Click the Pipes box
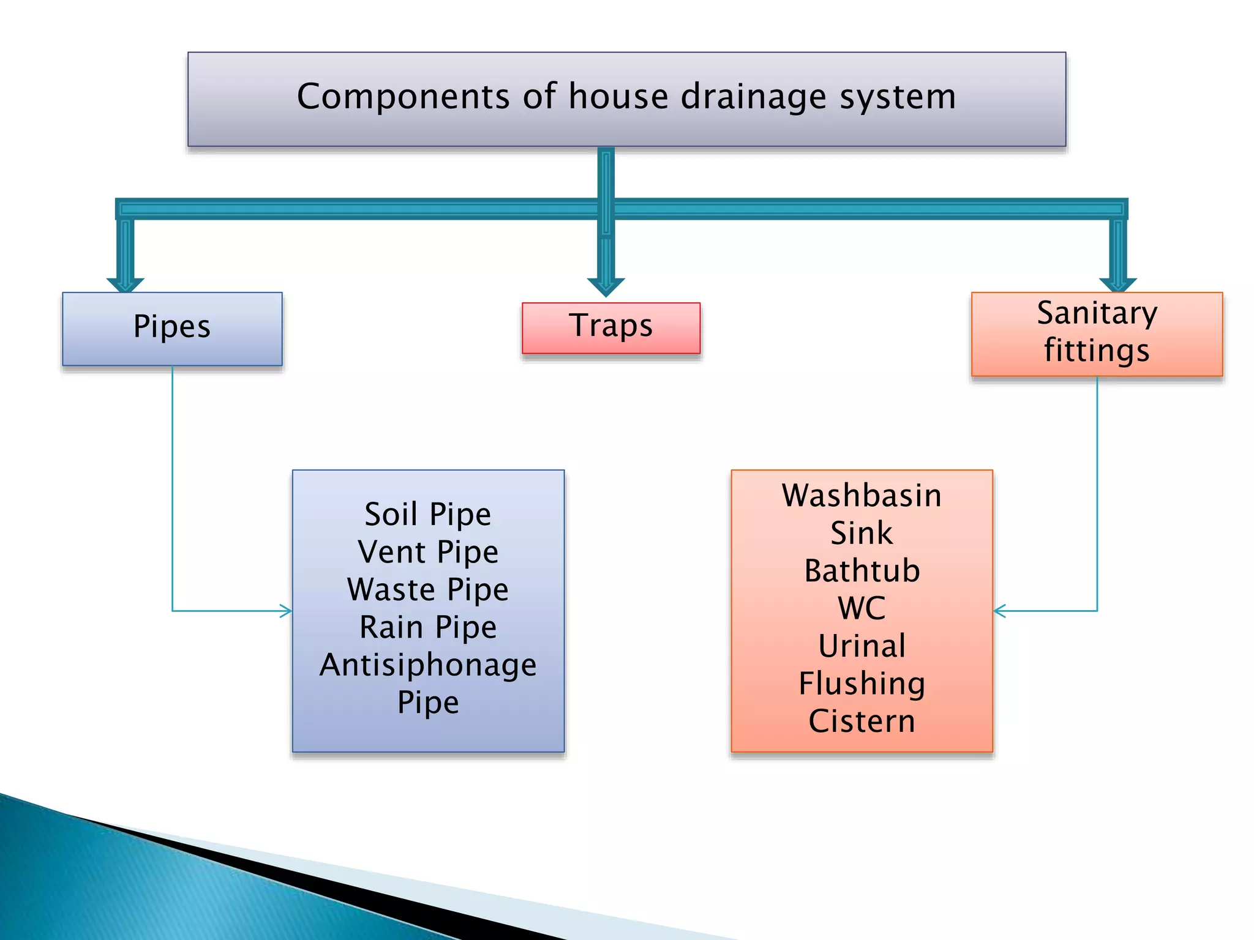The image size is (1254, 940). point(172,329)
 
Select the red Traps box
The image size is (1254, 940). point(610,327)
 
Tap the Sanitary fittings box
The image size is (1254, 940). point(1096,334)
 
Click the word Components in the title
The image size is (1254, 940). point(403,97)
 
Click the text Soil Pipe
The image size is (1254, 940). point(427,514)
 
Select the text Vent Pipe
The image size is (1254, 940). point(427,552)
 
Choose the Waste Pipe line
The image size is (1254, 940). point(427,589)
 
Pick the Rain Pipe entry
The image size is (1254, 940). point(427,627)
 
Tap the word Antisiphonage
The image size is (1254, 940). point(427,665)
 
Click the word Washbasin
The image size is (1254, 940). point(862,495)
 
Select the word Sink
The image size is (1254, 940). point(862,533)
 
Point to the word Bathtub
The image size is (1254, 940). point(862,570)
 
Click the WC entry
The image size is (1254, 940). point(862,608)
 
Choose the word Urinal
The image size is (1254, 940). point(862,646)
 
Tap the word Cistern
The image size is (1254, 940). point(862,721)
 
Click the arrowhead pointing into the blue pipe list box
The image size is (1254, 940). point(286,611)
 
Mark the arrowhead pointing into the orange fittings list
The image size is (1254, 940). point(999,611)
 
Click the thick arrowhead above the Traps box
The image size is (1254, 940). point(606,286)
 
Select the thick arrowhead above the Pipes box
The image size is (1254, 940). point(125,285)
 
